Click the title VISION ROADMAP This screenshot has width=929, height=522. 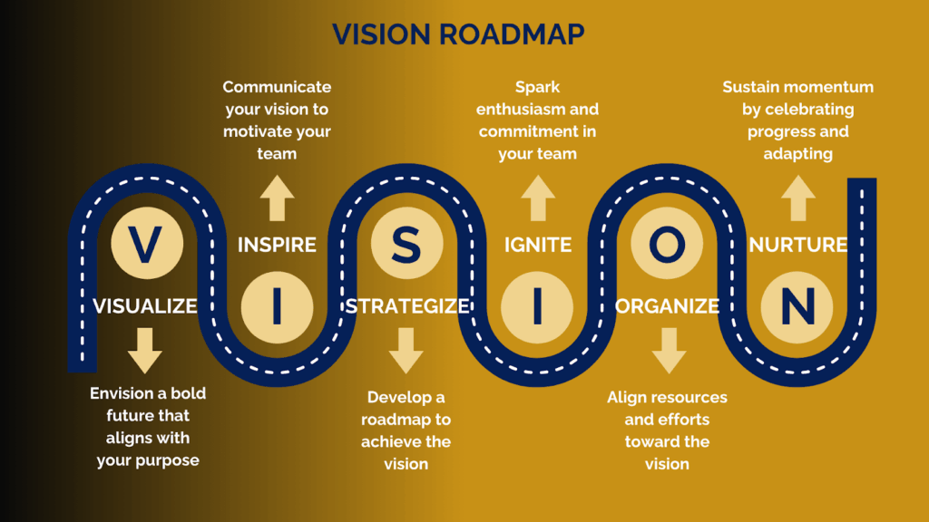click(x=458, y=34)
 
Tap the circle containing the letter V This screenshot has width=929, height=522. click(x=145, y=244)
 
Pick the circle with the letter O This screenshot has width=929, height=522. click(x=667, y=244)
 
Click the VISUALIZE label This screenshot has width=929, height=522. click(x=145, y=306)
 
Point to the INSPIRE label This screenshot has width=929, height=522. click(x=277, y=245)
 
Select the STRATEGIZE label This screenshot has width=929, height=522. click(x=407, y=306)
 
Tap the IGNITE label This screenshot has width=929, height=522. click(x=538, y=245)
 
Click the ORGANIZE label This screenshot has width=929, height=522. click(x=668, y=306)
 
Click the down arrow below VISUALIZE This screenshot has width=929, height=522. click(x=145, y=351)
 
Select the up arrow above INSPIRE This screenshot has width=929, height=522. click(x=277, y=198)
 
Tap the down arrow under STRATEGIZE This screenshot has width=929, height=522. click(x=407, y=351)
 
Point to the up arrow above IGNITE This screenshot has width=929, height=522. click(x=538, y=198)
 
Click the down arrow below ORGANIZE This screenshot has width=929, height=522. click(x=668, y=351)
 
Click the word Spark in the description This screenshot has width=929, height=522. click(x=538, y=87)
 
